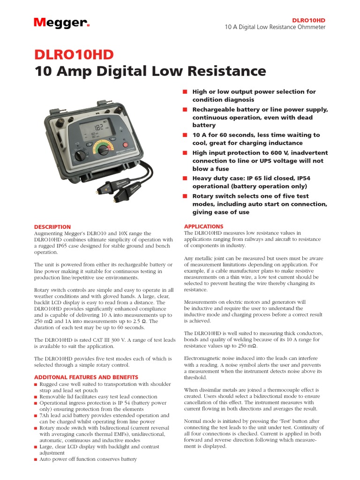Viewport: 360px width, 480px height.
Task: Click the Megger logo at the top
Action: (x=61, y=22)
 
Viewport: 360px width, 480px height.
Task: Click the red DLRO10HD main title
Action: (x=74, y=55)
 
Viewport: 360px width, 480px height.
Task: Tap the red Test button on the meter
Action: (x=125, y=145)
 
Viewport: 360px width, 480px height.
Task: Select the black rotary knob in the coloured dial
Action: (x=103, y=150)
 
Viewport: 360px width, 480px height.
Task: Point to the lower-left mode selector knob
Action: (x=81, y=155)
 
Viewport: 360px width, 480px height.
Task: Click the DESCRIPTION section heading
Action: (x=52, y=227)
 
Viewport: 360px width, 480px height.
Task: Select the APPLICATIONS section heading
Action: (x=203, y=226)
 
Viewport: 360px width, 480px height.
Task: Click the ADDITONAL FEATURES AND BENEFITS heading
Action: (x=86, y=377)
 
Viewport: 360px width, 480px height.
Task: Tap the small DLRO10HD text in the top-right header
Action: (x=308, y=20)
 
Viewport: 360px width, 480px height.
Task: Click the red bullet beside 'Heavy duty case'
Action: (x=185, y=178)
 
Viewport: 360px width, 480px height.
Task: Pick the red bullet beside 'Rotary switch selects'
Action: (x=185, y=196)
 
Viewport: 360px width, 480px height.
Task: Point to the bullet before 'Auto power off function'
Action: (x=36, y=459)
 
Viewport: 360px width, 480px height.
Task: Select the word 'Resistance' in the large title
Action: (x=226, y=71)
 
